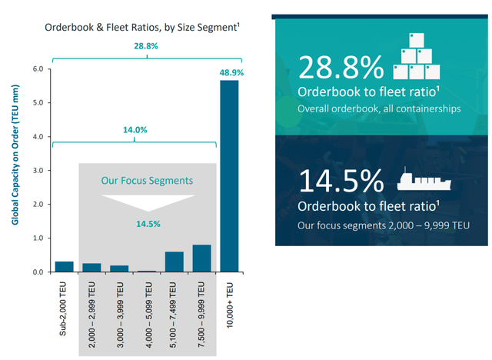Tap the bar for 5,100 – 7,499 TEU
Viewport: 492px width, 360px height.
click(x=175, y=262)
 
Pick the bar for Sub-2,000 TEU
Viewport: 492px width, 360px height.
click(x=65, y=267)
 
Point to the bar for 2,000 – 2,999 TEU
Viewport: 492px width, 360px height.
click(x=91, y=268)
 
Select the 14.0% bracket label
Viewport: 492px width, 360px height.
click(x=135, y=131)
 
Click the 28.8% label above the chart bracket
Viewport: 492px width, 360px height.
click(x=146, y=46)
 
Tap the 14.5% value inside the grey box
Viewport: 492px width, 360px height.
click(x=147, y=223)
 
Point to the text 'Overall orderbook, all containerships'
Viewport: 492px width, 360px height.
click(x=378, y=108)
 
